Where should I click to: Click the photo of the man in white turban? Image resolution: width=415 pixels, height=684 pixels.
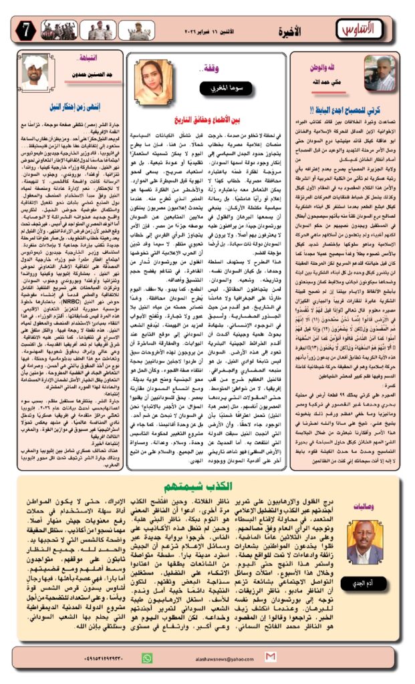(34, 69)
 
